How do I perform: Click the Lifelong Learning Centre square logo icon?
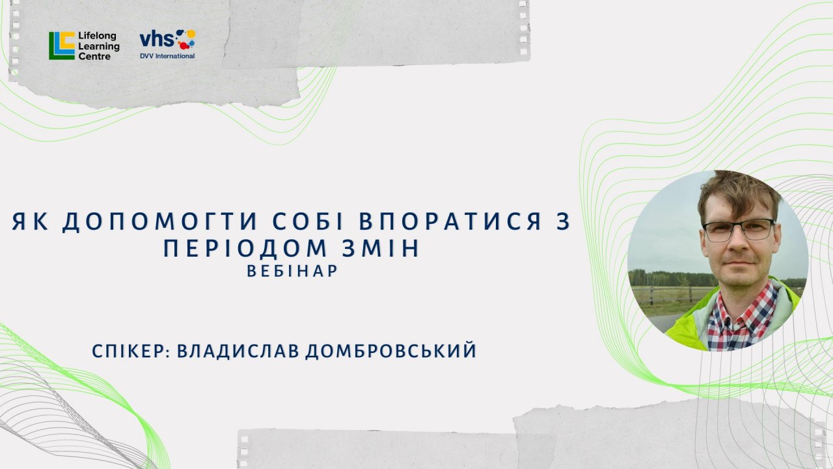tap(62, 46)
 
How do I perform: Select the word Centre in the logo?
tap(94, 57)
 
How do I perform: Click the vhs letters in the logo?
tap(157, 39)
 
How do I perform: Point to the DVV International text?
tap(167, 56)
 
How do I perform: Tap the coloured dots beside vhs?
tap(185, 38)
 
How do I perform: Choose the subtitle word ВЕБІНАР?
tap(292, 271)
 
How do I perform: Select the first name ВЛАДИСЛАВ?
tap(238, 351)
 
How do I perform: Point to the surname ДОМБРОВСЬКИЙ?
tap(391, 351)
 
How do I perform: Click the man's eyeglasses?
tap(739, 229)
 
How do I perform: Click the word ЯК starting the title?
tap(30, 221)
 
